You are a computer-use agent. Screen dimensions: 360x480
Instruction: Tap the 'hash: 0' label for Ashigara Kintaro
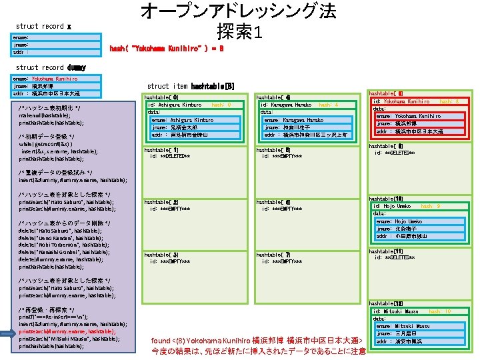221,105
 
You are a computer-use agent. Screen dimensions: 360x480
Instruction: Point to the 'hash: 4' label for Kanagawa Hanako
328,105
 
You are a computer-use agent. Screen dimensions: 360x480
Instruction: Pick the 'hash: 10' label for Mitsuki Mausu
440,311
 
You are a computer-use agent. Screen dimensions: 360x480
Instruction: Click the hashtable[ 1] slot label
161,150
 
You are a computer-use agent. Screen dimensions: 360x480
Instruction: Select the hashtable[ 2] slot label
161,201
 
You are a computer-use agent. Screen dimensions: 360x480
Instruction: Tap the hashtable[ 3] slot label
161,255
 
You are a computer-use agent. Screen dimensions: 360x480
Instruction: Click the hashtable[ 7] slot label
273,255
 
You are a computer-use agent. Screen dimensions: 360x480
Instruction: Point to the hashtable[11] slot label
385,251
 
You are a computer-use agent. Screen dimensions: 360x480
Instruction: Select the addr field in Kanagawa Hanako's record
305,135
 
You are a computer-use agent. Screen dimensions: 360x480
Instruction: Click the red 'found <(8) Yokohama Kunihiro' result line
257,341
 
